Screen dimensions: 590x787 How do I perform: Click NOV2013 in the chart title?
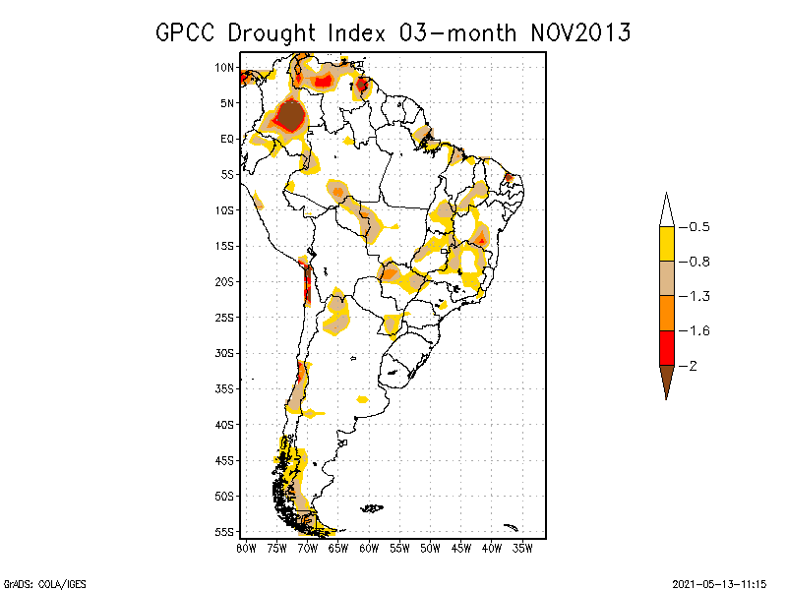click(x=580, y=33)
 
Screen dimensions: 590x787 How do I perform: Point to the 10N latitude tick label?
click(x=224, y=68)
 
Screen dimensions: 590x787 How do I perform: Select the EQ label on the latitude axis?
click(x=227, y=140)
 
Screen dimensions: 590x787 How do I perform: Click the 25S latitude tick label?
click(x=224, y=318)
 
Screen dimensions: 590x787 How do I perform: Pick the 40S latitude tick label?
click(x=224, y=425)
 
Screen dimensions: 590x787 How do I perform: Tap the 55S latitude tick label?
click(x=224, y=532)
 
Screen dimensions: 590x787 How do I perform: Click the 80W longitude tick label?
click(x=246, y=547)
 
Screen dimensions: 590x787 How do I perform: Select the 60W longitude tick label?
click(x=369, y=547)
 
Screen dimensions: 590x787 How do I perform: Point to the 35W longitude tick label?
click(x=523, y=547)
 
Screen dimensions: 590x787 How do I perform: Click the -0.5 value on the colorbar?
click(x=699, y=227)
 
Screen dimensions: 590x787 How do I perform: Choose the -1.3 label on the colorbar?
click(x=699, y=296)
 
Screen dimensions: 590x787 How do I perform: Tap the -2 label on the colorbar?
click(x=695, y=366)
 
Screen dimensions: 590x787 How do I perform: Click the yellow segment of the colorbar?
click(x=666, y=244)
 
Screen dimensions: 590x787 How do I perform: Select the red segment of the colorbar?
click(x=666, y=347)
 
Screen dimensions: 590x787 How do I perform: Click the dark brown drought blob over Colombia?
click(x=291, y=116)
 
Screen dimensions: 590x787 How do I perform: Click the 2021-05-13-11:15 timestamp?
click(x=719, y=583)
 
